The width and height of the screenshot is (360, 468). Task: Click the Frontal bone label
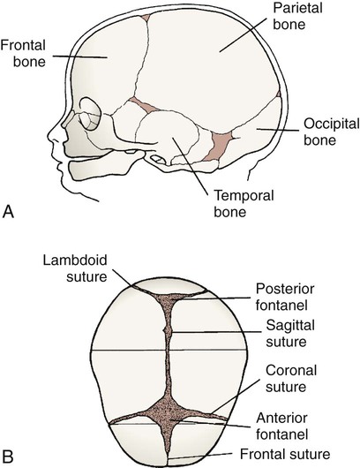point(23,54)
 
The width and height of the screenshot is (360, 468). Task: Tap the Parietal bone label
point(297,16)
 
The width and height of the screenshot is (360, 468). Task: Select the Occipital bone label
point(332,132)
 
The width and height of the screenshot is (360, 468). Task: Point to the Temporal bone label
point(244,204)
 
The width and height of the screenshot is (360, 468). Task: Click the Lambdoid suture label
point(75,268)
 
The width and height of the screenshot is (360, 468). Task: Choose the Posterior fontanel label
point(285,297)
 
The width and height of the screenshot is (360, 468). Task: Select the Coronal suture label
point(291,379)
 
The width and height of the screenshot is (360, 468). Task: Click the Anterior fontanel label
point(281,426)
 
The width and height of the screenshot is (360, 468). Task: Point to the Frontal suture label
point(285,454)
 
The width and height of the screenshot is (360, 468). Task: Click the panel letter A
point(8,212)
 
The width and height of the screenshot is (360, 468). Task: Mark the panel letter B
point(7,456)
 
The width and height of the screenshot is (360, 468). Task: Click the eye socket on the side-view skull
point(91,114)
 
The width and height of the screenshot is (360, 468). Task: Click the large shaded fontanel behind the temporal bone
point(219,146)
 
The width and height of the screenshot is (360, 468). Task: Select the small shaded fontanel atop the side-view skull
point(146,18)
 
